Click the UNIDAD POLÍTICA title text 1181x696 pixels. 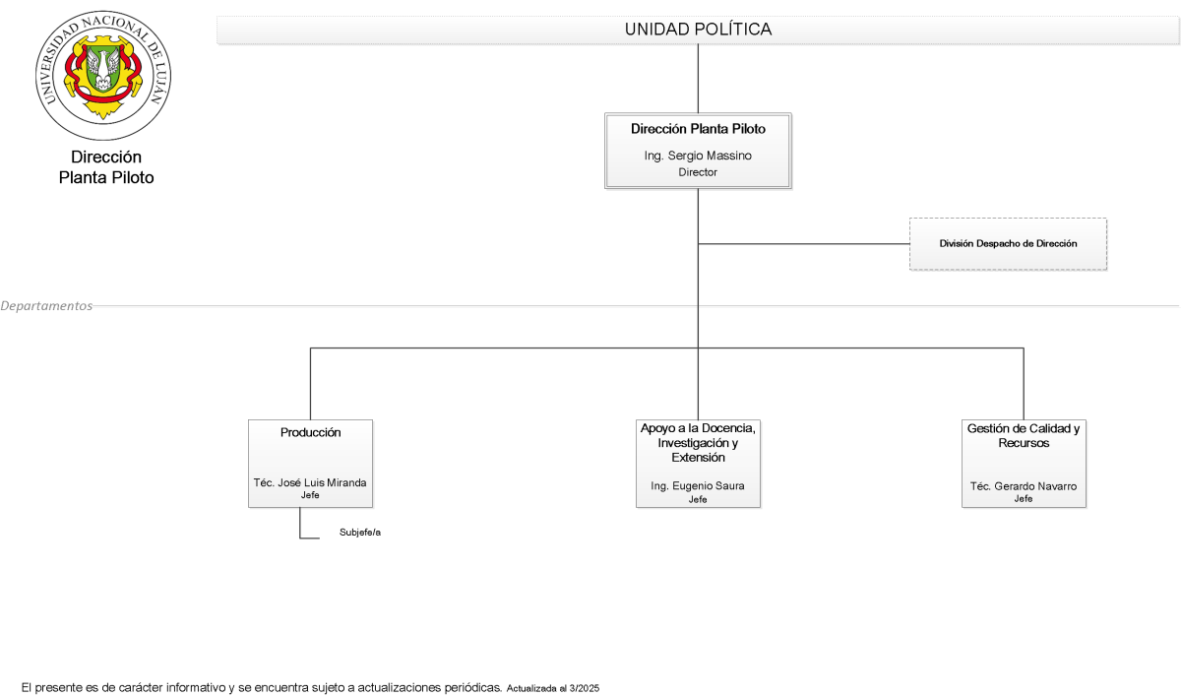(698, 30)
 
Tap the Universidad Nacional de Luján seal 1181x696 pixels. (103, 76)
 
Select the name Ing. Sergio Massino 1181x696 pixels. (698, 156)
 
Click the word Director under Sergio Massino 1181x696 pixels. (698, 172)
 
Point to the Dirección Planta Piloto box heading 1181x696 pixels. (698, 129)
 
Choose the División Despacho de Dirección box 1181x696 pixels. (1008, 243)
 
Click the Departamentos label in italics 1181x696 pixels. (46, 306)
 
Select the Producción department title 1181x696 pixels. (311, 432)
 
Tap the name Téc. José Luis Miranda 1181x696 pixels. (310, 482)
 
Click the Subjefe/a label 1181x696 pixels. (360, 533)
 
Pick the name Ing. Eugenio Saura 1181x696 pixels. (698, 485)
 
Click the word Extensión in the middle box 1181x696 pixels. (698, 458)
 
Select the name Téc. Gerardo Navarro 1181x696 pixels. (1024, 486)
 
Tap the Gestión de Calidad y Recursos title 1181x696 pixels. (1024, 435)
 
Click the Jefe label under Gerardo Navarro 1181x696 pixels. (1024, 499)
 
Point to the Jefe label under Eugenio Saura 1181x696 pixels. (698, 499)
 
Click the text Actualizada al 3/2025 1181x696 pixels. (553, 688)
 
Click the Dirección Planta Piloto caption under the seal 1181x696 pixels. (106, 167)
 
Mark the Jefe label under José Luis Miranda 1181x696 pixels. (310, 495)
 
